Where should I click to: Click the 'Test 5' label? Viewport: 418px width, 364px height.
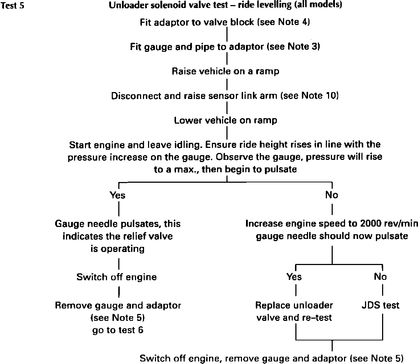click(13, 6)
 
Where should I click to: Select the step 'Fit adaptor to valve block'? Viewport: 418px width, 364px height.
click(225, 22)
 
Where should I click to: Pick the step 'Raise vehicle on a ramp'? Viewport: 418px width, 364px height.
click(225, 71)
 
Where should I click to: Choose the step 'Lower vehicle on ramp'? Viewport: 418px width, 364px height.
click(225, 120)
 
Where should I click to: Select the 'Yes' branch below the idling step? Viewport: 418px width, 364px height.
click(118, 195)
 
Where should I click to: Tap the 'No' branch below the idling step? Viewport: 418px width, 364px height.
click(332, 195)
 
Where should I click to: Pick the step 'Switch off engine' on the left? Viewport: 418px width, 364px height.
click(116, 277)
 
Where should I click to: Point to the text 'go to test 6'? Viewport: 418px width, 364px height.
click(118, 330)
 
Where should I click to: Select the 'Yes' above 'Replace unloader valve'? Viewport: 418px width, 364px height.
click(294, 277)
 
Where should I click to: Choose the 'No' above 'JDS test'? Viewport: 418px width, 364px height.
click(380, 277)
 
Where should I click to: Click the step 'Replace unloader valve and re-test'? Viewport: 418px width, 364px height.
click(294, 311)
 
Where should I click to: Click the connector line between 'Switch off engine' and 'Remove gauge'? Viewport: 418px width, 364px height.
click(119, 291)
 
